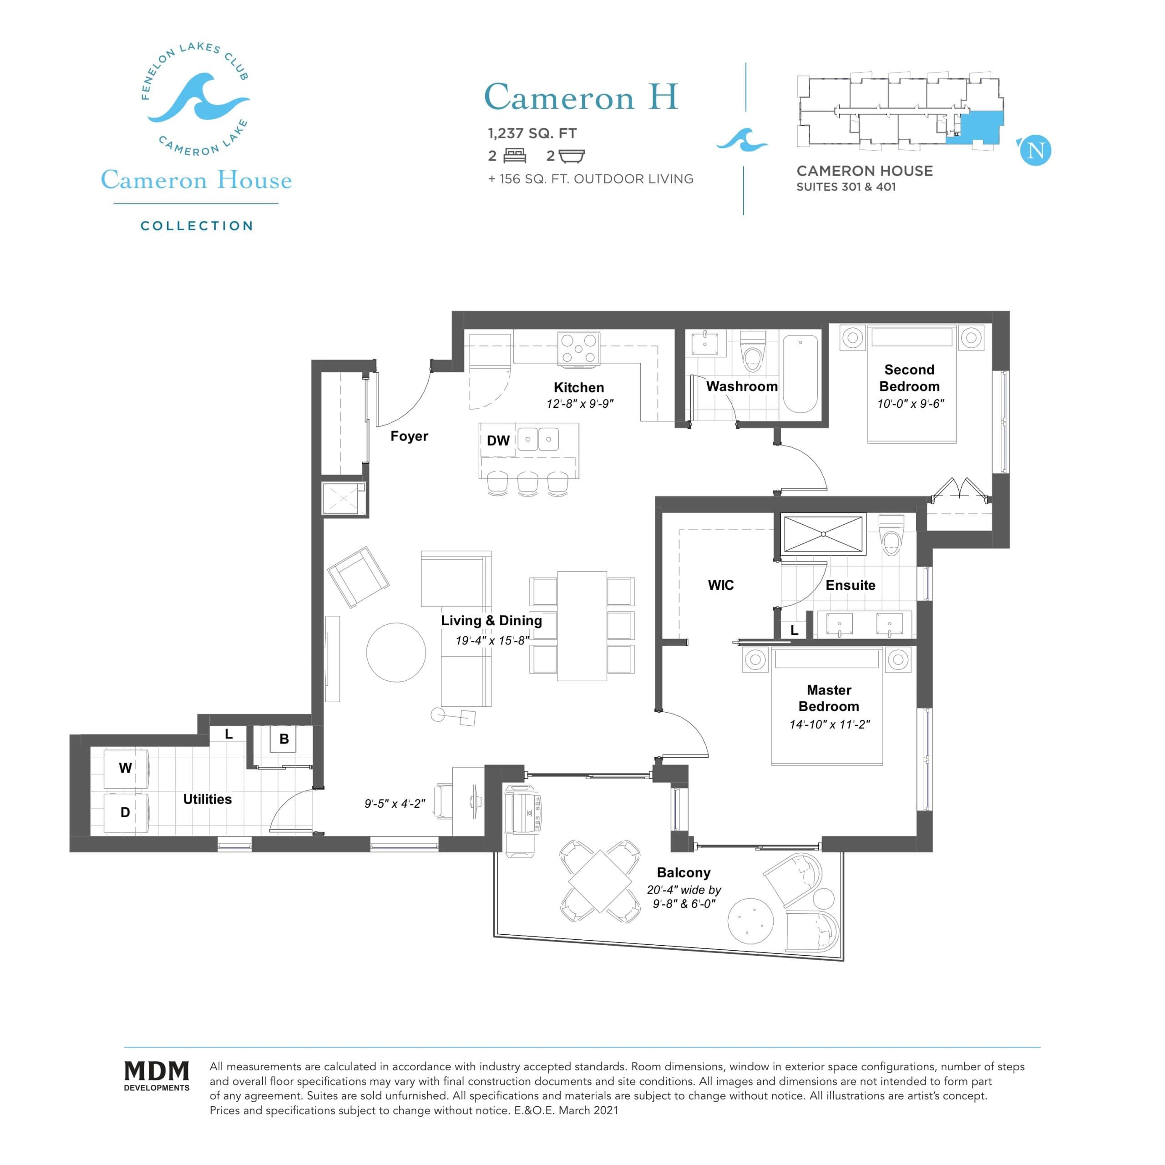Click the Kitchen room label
coord(578,388)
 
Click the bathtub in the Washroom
coord(800,374)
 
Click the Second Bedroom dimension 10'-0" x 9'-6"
coord(910,403)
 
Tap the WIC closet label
coord(720,585)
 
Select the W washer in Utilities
coord(126,768)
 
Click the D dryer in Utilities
coord(126,813)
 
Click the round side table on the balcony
coord(751,922)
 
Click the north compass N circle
coord(1035,150)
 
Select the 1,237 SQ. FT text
coord(532,133)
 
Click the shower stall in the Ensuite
coord(823,534)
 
